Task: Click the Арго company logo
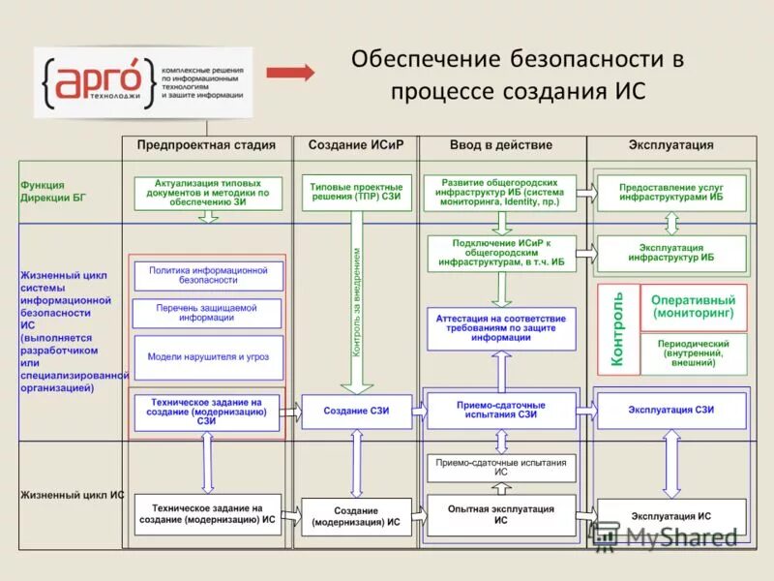click(143, 82)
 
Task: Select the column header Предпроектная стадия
click(206, 145)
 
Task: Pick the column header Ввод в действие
click(501, 145)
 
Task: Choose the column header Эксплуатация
click(670, 145)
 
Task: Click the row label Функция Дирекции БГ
click(53, 191)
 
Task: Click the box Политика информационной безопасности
click(208, 275)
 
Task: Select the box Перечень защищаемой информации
click(207, 313)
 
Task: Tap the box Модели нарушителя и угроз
click(208, 356)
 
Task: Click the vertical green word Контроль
click(618, 329)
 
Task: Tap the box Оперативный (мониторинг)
click(693, 307)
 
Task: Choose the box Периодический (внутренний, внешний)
click(693, 354)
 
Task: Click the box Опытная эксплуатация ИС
click(501, 514)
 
